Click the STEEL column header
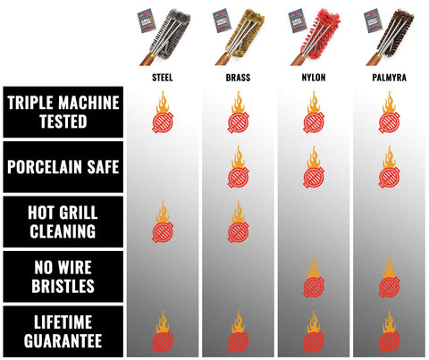163,78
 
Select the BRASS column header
238,78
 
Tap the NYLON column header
314,78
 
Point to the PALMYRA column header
390,78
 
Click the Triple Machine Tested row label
63,112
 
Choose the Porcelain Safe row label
63,167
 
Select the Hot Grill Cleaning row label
63,222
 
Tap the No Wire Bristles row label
63,276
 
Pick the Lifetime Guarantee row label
63,331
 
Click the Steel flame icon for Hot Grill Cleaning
163,222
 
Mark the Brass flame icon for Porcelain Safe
239,167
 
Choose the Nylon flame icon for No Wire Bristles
314,277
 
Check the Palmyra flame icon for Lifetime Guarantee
390,331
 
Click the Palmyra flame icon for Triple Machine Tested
390,113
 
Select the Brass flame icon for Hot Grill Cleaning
239,222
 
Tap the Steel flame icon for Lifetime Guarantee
163,331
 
